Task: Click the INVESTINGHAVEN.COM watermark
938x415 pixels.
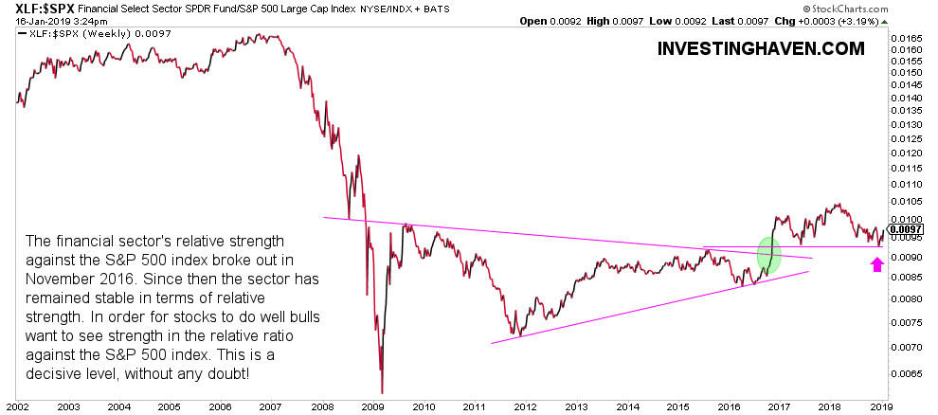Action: (760, 48)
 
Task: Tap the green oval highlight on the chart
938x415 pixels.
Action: (769, 254)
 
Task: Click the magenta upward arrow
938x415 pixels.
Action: (875, 264)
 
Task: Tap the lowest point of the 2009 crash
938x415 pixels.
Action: (382, 390)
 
